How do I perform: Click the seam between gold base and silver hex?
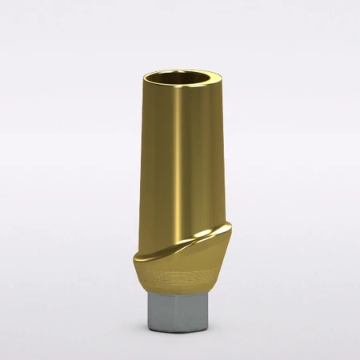[180, 294]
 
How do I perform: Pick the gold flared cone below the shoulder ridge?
[180, 269]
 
